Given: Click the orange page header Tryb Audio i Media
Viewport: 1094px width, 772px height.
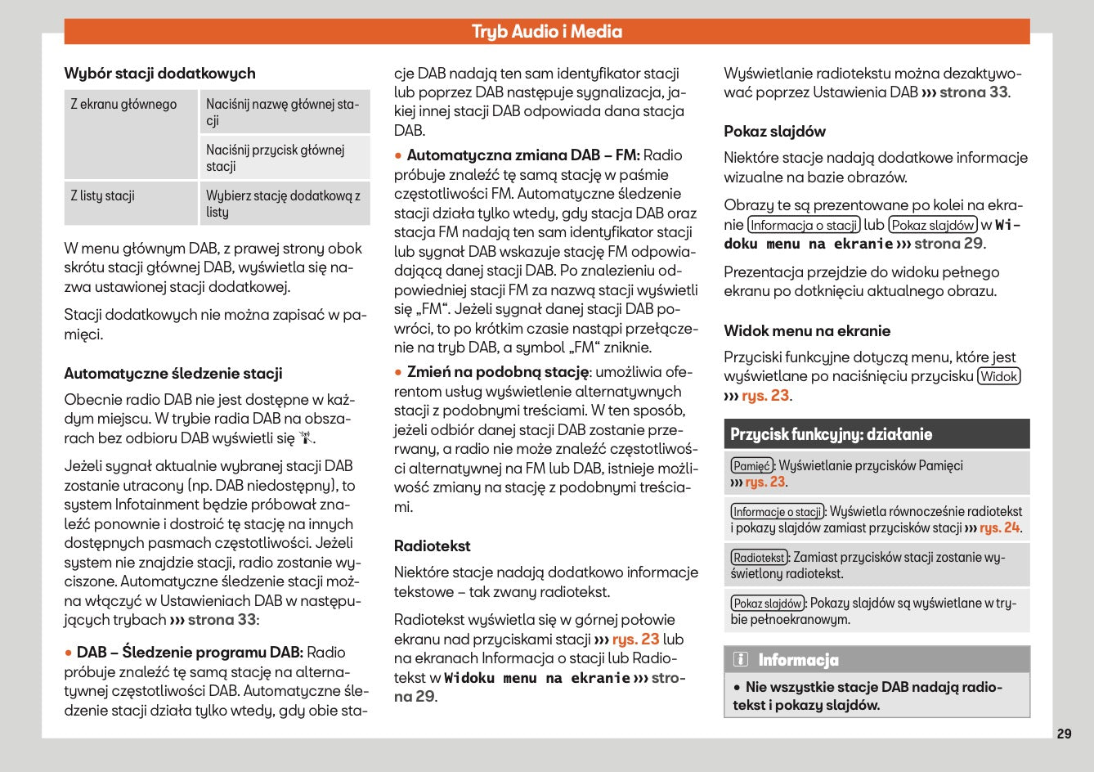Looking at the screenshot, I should [546, 32].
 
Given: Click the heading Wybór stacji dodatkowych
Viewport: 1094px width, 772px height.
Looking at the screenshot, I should [159, 74].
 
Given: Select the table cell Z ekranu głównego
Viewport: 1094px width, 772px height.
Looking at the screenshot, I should [123, 105].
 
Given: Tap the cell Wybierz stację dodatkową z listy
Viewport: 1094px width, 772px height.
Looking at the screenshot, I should [283, 204].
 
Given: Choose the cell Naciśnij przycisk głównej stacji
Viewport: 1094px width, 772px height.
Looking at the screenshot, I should [276, 158].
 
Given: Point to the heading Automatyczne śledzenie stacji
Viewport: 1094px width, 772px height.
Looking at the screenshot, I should [173, 374].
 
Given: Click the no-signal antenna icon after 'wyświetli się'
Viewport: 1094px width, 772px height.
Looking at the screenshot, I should [306, 438].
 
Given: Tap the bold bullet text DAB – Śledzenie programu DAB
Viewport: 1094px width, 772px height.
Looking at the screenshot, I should [190, 653].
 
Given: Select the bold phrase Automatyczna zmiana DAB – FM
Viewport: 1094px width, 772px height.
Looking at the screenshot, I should [523, 155].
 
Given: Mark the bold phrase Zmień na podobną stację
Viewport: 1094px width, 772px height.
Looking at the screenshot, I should [497, 372].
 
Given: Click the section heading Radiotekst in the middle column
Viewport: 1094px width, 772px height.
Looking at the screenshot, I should [432, 546].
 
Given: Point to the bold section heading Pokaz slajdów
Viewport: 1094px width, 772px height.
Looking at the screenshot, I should [774, 132].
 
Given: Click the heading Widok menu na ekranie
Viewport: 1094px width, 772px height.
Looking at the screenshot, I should [807, 331].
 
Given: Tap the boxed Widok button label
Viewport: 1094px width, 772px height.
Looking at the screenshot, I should [999, 377].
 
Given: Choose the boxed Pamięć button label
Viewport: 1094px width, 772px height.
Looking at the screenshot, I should [751, 466].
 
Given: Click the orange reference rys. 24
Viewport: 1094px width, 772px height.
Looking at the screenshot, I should [999, 528].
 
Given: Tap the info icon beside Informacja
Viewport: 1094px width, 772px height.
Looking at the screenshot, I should [740, 660].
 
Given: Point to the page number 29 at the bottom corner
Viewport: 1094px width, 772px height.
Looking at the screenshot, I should [1064, 734].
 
